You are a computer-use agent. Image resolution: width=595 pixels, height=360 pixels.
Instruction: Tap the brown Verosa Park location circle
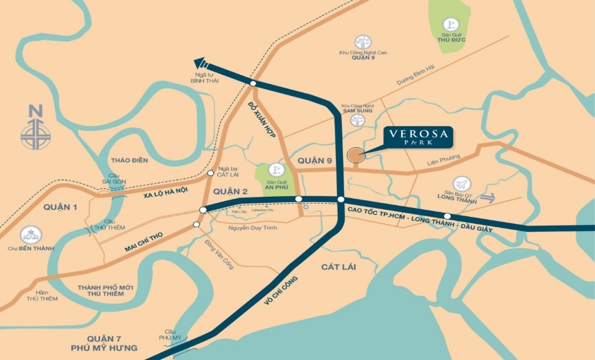tap(355, 156)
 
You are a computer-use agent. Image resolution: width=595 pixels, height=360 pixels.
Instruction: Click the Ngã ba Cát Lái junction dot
tap(211, 173)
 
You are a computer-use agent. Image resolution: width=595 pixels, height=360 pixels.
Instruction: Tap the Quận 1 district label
tap(60, 207)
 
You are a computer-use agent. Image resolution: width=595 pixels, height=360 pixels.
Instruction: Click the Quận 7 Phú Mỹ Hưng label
tap(111, 343)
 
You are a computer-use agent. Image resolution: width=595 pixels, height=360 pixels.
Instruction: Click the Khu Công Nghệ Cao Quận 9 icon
tap(363, 42)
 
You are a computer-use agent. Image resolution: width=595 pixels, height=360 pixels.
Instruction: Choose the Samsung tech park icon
tap(356, 121)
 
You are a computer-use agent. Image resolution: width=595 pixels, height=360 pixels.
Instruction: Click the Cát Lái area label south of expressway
tap(339, 267)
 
